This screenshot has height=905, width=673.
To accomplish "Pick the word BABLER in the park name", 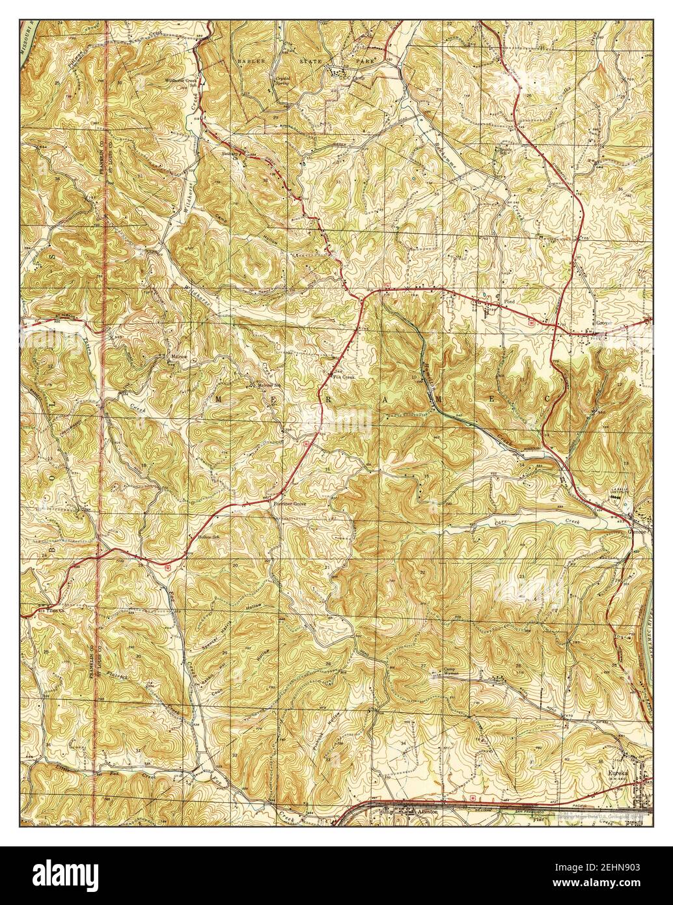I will point(249,59).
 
